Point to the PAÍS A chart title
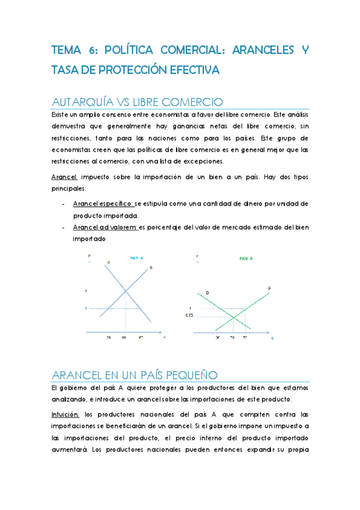coord(138,258)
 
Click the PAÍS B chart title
coord(246,258)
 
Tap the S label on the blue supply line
coord(150,266)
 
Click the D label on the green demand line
coord(207,292)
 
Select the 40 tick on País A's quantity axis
coord(124,337)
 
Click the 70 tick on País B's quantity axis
coord(245,338)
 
